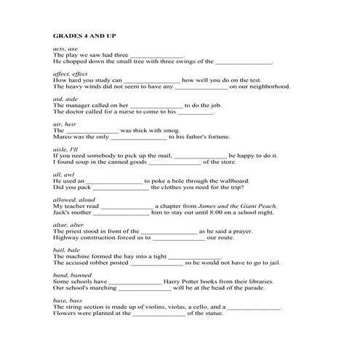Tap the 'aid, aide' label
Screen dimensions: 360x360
pos(65,98)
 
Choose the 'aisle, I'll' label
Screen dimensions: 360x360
pos(67,149)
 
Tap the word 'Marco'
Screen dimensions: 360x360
pos(63,137)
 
